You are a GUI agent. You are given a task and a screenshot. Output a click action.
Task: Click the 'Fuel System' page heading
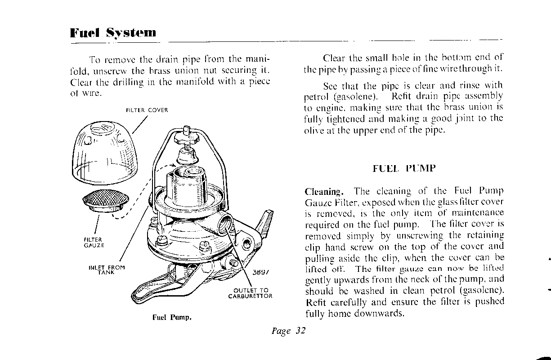pyautogui.click(x=113, y=33)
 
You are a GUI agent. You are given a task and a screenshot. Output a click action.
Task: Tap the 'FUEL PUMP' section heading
pyautogui.click(x=404, y=169)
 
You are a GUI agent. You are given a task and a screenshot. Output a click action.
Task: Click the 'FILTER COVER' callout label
pyautogui.click(x=147, y=110)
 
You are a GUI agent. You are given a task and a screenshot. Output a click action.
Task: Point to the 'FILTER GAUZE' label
pyautogui.click(x=94, y=243)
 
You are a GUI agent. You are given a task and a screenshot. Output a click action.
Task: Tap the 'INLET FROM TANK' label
pyautogui.click(x=107, y=270)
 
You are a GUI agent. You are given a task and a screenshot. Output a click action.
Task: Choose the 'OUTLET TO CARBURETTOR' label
pyautogui.click(x=250, y=293)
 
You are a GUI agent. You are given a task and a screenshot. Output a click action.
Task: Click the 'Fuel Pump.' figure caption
pyautogui.click(x=172, y=317)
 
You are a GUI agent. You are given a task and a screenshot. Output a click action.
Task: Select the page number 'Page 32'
pyautogui.click(x=289, y=331)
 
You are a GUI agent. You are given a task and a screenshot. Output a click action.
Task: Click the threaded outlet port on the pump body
pyautogui.click(x=224, y=223)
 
